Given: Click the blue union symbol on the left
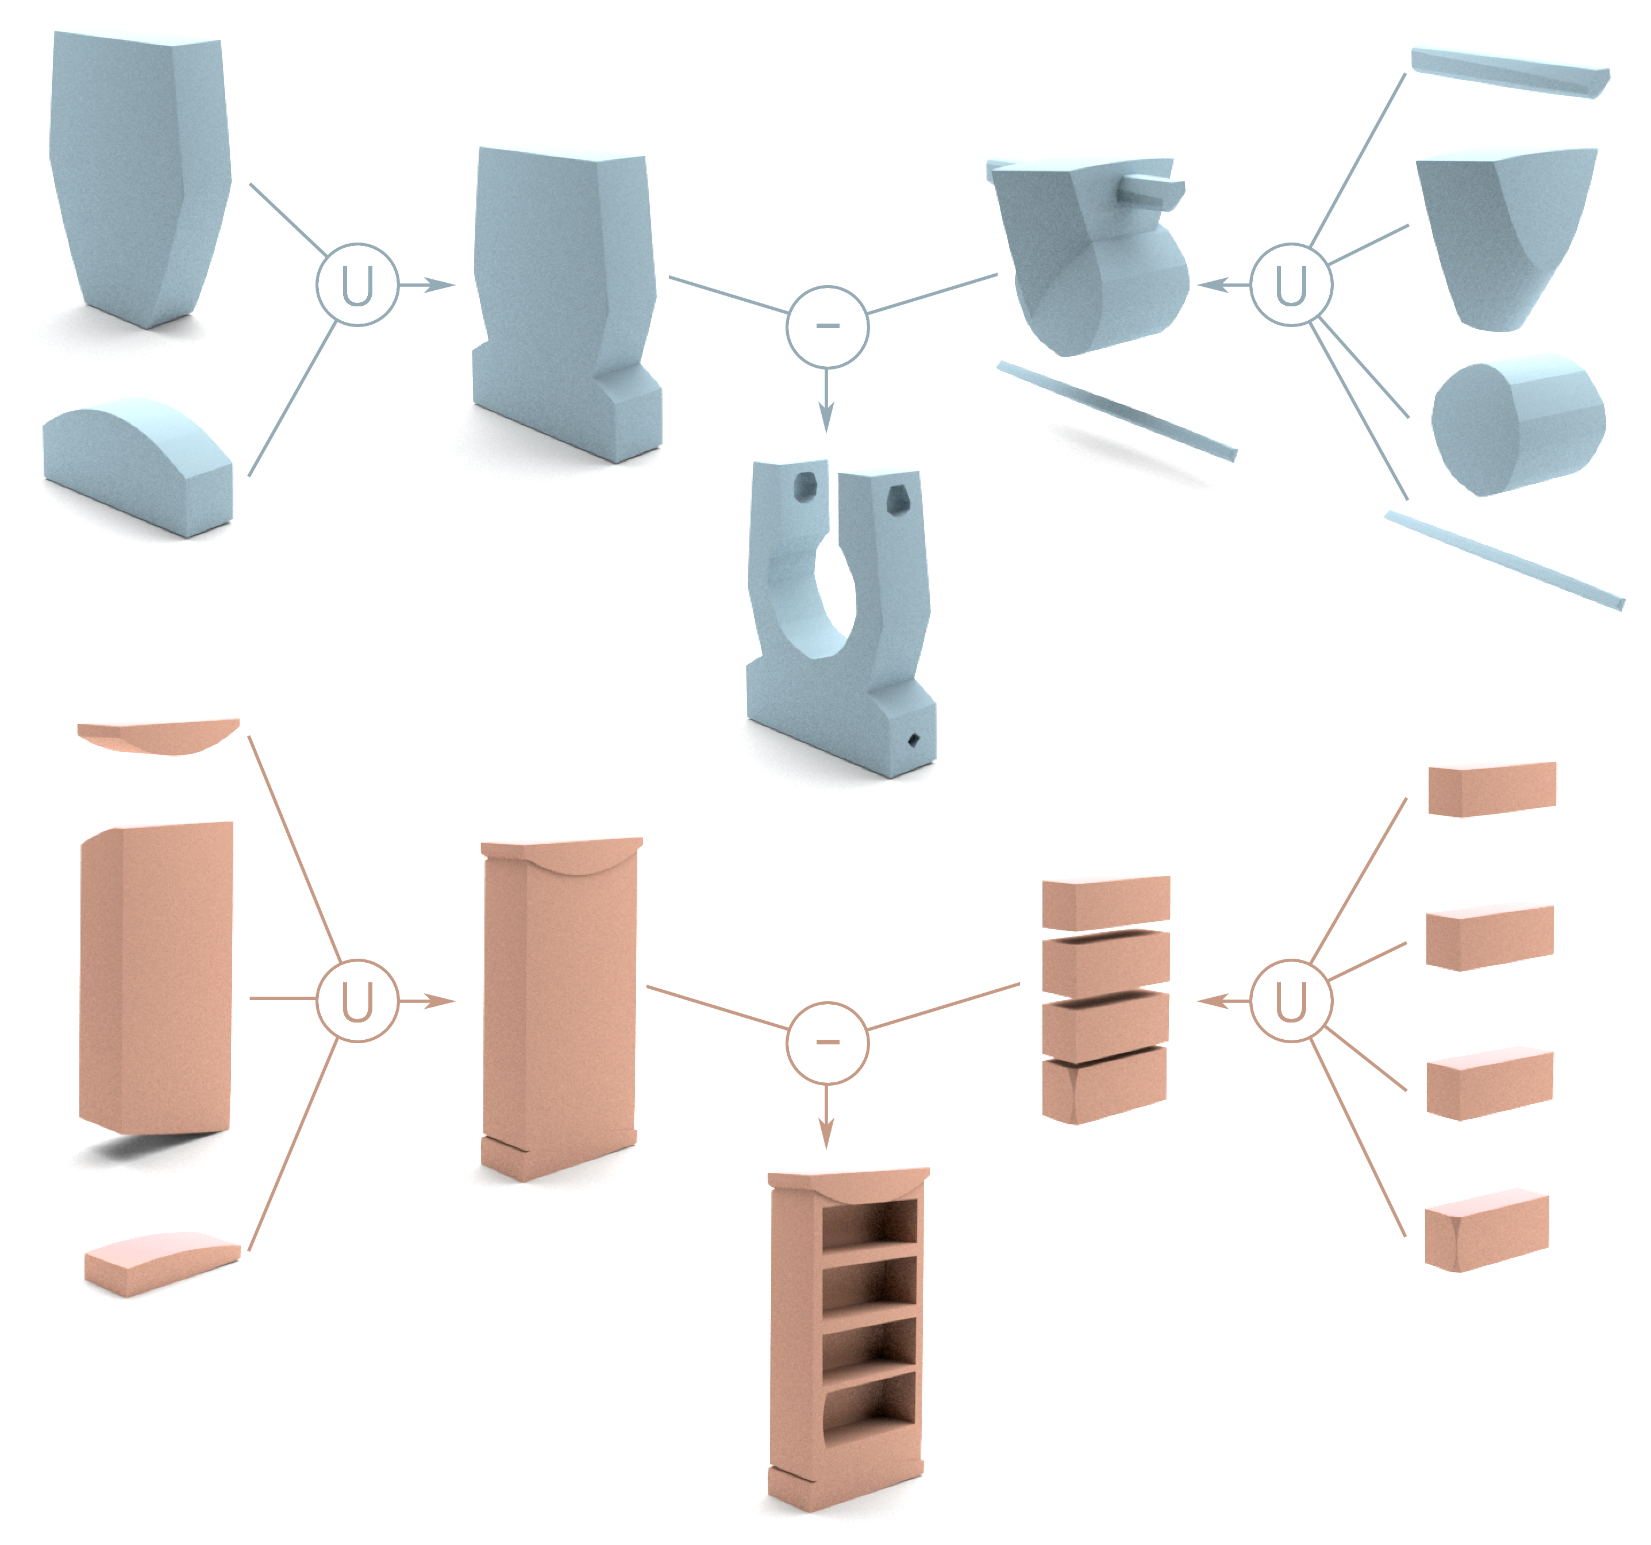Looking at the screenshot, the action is point(357,285).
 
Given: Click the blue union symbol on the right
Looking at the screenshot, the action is point(1291,285).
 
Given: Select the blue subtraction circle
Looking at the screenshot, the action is point(827,326).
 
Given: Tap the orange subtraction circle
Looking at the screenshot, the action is point(827,1043).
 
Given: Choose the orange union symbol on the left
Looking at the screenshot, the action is point(357,1000).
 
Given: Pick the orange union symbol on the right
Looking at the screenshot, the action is point(1291,1000).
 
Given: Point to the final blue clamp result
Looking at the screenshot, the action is point(841,619).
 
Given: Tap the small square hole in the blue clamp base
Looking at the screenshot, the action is point(914,739).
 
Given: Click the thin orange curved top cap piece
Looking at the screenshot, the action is point(158,736).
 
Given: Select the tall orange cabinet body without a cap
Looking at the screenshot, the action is point(156,978).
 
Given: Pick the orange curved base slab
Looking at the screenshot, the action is point(162,1263).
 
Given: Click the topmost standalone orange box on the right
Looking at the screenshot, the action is point(1492,789).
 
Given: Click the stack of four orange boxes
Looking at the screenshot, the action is point(1106,1000).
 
